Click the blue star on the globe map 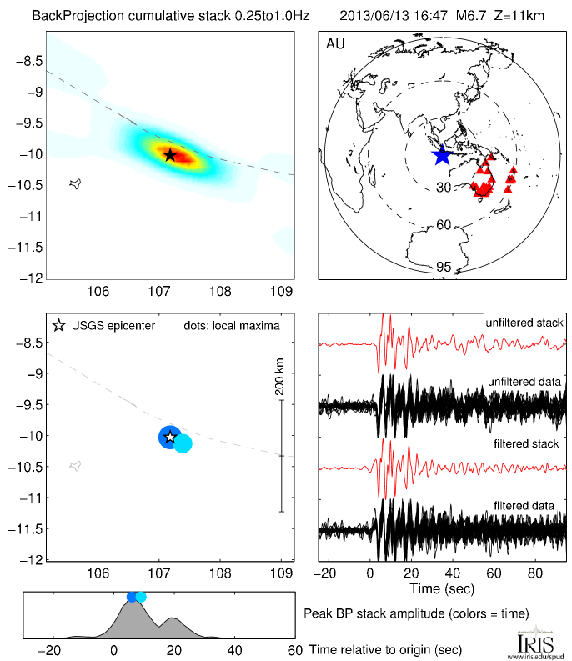pyautogui.click(x=441, y=155)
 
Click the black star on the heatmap pyautogui.click(x=170, y=155)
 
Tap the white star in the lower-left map pyautogui.click(x=170, y=437)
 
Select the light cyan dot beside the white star pyautogui.click(x=183, y=443)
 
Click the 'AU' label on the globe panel pyautogui.click(x=336, y=44)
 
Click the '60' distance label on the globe pyautogui.click(x=443, y=225)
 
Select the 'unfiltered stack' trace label pyautogui.click(x=525, y=322)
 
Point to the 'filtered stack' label pyautogui.click(x=530, y=444)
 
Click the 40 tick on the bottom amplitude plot pyautogui.click(x=234, y=649)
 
